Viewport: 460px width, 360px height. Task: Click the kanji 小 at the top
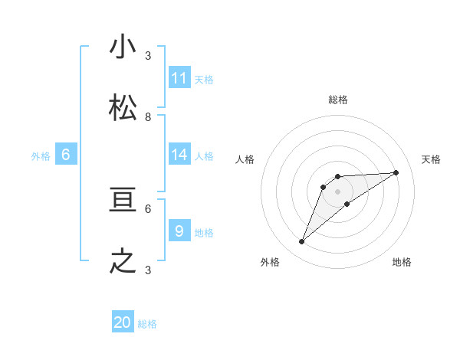pyautogui.click(x=123, y=47)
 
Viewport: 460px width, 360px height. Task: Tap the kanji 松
pyautogui.click(x=123, y=108)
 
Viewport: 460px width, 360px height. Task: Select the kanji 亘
pyautogui.click(x=123, y=200)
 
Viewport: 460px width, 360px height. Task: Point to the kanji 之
pyautogui.click(x=123, y=261)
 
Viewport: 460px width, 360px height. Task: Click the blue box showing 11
pyautogui.click(x=179, y=77)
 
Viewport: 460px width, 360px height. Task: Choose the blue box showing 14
pyautogui.click(x=179, y=155)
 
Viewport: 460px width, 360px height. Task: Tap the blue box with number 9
pyautogui.click(x=179, y=231)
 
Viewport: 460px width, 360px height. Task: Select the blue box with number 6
pyautogui.click(x=66, y=155)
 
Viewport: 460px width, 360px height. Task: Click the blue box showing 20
pyautogui.click(x=123, y=322)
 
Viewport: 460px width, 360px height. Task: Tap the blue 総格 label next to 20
pyautogui.click(x=147, y=324)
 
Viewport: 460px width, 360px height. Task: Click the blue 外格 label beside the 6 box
pyautogui.click(x=41, y=156)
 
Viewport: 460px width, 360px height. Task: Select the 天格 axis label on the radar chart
pyautogui.click(x=431, y=159)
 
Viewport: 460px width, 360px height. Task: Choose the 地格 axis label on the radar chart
pyautogui.click(x=402, y=262)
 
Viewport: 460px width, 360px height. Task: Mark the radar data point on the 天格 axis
pyautogui.click(x=396, y=172)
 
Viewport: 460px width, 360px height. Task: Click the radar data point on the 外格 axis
pyautogui.click(x=301, y=242)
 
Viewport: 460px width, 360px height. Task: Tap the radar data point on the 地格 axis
pyautogui.click(x=347, y=204)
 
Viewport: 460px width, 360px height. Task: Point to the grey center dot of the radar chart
pyautogui.click(x=337, y=191)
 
